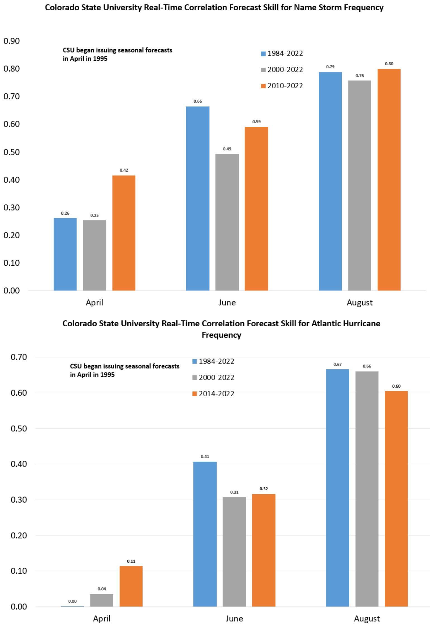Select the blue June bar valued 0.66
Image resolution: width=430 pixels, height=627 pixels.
(198, 198)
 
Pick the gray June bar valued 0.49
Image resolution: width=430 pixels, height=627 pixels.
(227, 222)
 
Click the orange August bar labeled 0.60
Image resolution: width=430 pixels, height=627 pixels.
(396, 498)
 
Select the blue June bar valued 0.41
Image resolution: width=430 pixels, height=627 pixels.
(205, 534)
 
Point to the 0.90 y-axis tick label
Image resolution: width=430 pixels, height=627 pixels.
(11, 41)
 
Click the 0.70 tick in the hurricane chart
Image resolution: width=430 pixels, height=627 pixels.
(19, 357)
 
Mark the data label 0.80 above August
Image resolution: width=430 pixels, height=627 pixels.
(389, 64)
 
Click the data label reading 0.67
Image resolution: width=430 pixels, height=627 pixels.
(337, 364)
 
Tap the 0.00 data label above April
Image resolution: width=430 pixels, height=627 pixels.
(72, 601)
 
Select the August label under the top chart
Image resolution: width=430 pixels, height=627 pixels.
(360, 303)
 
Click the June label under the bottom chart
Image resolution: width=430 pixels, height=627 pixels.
(234, 619)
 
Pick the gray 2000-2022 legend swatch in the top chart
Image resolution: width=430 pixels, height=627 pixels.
(263, 70)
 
